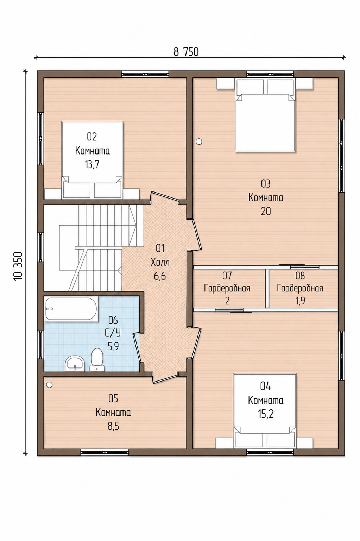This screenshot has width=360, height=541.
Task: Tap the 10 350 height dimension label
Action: pyautogui.click(x=18, y=266)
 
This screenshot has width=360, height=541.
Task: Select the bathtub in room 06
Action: pyautogui.click(x=71, y=309)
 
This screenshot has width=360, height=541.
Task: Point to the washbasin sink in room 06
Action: pyautogui.click(x=75, y=363)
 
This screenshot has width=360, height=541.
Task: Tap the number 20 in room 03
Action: pyautogui.click(x=266, y=211)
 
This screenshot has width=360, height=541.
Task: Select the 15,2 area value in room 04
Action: pyautogui.click(x=265, y=414)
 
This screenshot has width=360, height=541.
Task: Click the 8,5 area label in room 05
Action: pyautogui.click(x=113, y=427)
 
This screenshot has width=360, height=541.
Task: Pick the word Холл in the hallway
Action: pyautogui.click(x=160, y=262)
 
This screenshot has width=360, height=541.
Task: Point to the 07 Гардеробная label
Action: pyautogui.click(x=227, y=288)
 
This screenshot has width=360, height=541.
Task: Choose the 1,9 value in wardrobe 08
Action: pyautogui.click(x=300, y=301)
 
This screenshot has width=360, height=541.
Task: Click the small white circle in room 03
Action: pyautogui.click(x=199, y=141)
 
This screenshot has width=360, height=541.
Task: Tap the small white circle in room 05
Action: pyautogui.click(x=49, y=384)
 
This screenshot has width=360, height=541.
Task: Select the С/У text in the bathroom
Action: pyautogui.click(x=113, y=333)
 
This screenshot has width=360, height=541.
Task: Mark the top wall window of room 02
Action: pyautogui.click(x=145, y=74)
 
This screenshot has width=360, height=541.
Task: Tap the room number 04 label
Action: pyautogui.click(x=265, y=386)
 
